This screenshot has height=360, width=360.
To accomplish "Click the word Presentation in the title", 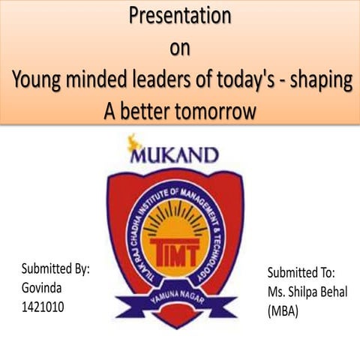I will [x=179, y=15].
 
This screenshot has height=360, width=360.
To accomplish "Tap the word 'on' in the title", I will [x=179, y=48].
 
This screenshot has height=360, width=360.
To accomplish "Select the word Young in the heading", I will [x=40, y=81].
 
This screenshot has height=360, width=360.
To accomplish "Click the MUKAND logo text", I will [x=174, y=155].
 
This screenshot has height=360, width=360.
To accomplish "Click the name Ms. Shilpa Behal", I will [x=307, y=292].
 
